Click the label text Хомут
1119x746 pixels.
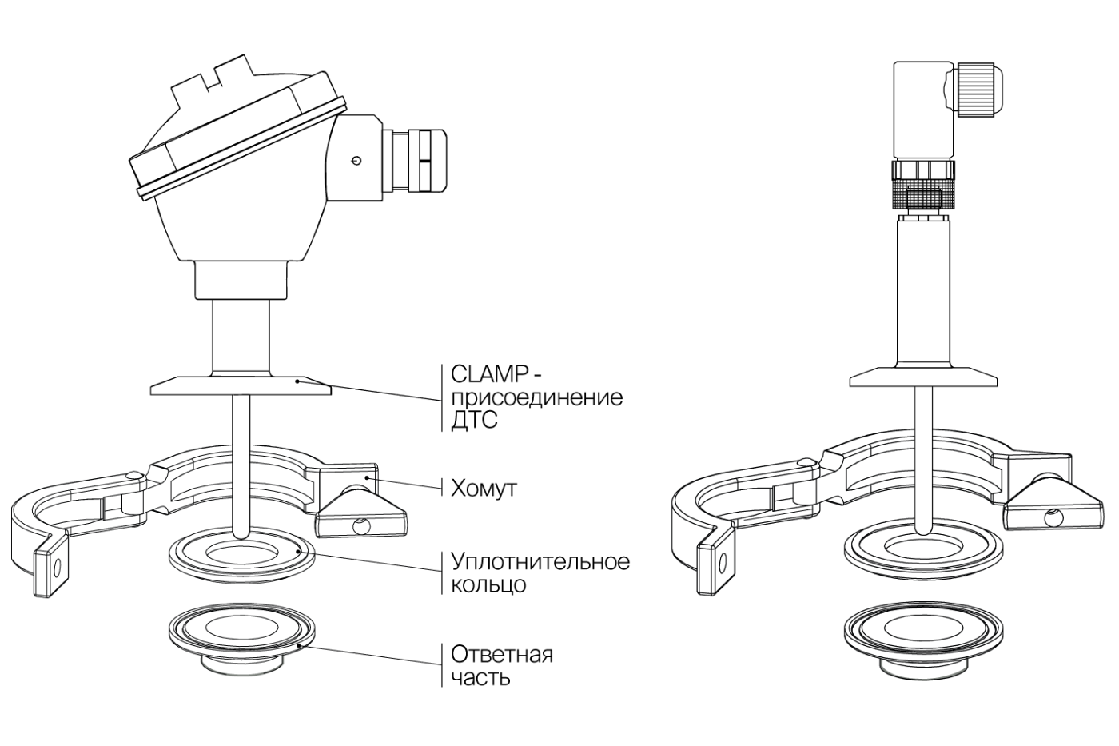click(x=484, y=488)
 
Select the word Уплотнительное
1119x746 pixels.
click(x=540, y=561)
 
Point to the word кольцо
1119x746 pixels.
click(x=488, y=584)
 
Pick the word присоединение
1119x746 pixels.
click(x=536, y=397)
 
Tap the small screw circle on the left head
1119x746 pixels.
click(x=356, y=161)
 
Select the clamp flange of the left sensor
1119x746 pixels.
click(x=240, y=387)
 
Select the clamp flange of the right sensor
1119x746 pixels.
click(x=923, y=377)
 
